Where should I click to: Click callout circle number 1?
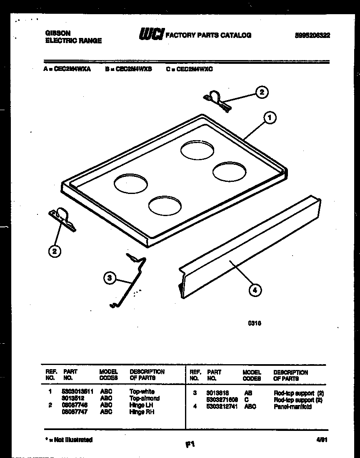270,118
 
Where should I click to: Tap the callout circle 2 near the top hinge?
261,92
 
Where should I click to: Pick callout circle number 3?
109,278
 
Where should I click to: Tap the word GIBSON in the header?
57,33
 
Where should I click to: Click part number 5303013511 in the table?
77,392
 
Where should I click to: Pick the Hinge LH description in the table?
137,405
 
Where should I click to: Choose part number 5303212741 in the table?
222,406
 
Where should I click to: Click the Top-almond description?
144,398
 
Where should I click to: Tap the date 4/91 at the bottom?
322,440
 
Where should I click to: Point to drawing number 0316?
255,322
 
